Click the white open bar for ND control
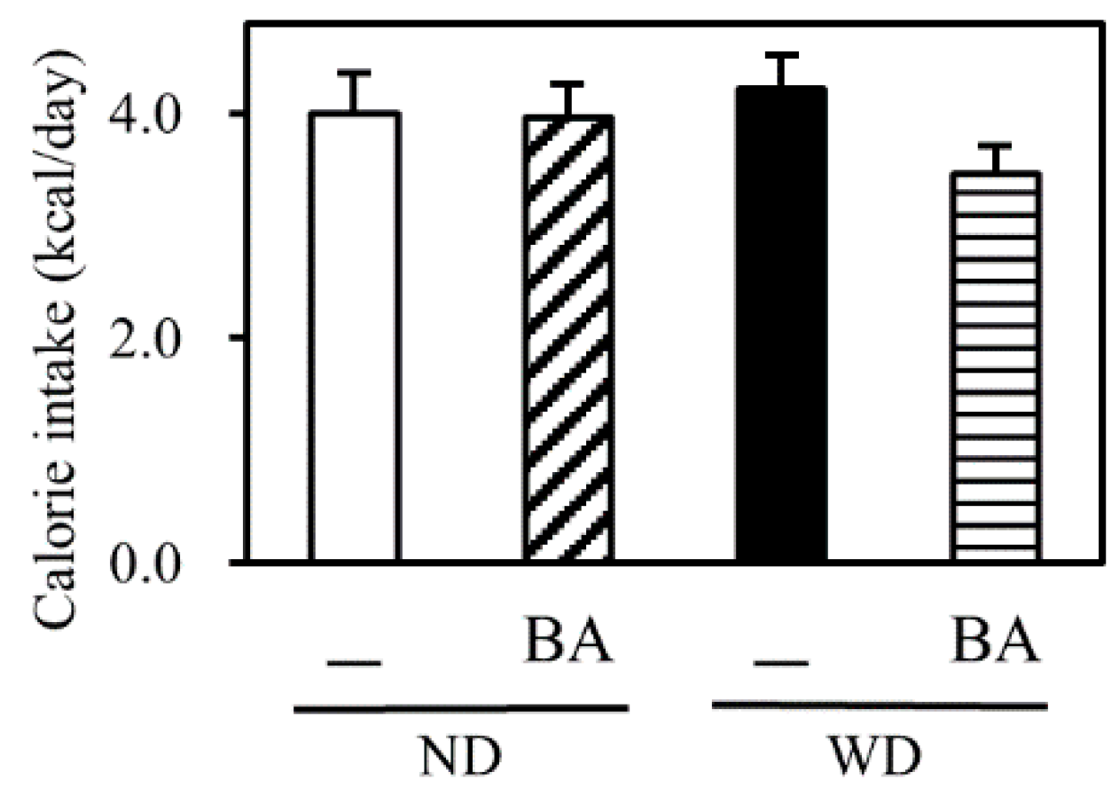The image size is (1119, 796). point(354,337)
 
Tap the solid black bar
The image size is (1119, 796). point(782,325)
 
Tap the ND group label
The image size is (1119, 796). point(461,761)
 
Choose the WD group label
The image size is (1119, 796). point(880,761)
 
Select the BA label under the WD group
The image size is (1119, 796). point(996,642)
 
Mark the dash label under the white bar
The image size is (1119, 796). point(354,662)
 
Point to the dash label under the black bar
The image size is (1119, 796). point(781,662)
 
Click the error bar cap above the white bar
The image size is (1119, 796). point(354,72)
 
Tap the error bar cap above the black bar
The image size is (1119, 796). point(782,55)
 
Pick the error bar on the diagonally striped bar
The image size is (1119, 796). point(568,99)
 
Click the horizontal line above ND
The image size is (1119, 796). point(461,708)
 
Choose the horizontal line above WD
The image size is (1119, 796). point(880,706)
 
